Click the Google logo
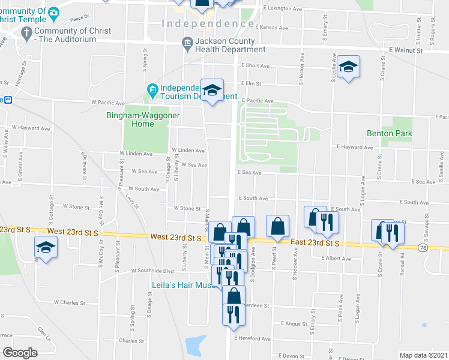click(20, 352)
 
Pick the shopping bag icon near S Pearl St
click(277, 227)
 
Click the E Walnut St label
click(406, 50)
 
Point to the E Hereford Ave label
click(253, 338)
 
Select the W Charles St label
click(69, 303)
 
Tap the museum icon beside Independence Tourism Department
click(152, 91)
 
